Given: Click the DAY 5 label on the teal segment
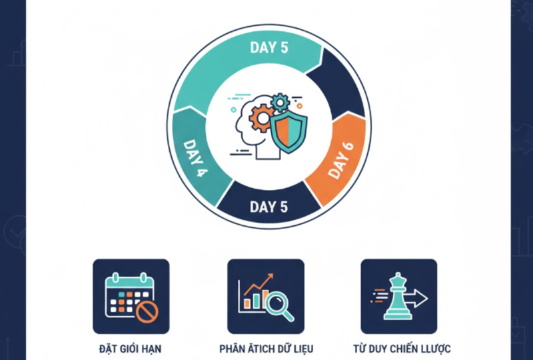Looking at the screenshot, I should [268, 47].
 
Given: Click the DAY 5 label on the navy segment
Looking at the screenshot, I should [268, 207].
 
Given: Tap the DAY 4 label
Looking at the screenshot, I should [194, 158].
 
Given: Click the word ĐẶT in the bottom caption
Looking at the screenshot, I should [107, 349].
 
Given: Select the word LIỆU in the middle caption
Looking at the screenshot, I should [300, 349].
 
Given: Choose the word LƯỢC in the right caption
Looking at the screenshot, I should [437, 349].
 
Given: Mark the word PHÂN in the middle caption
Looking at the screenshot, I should [231, 349].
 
